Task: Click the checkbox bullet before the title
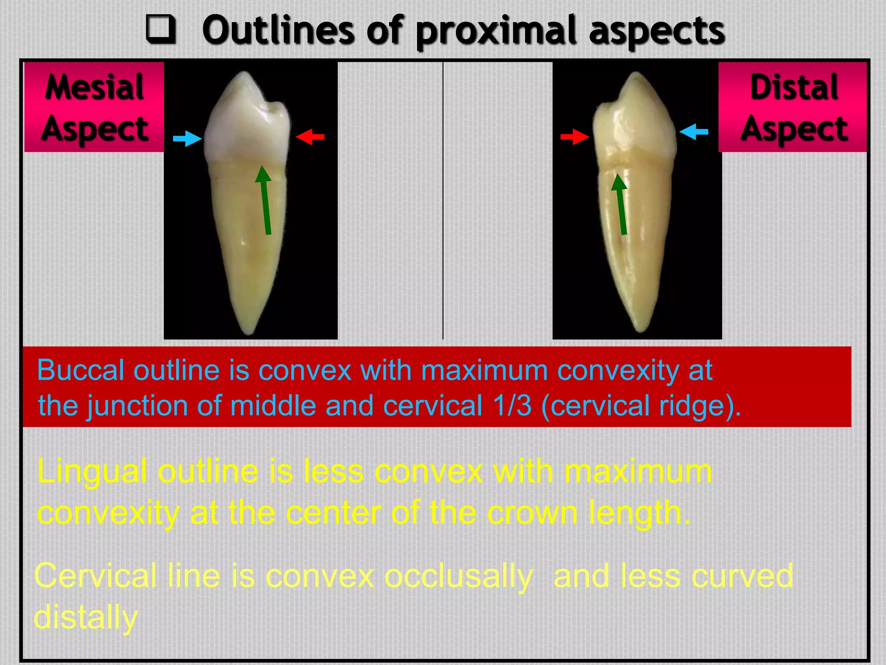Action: pos(161,29)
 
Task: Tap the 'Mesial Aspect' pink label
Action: pos(94,107)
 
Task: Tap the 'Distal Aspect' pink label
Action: pos(793,107)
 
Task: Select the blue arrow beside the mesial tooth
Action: pos(187,139)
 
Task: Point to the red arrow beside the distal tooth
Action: pos(575,137)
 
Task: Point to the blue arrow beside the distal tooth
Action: pos(693,132)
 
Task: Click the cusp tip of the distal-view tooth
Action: pos(636,74)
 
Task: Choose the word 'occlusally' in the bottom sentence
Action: pos(458,576)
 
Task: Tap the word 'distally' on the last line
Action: pos(86,617)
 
